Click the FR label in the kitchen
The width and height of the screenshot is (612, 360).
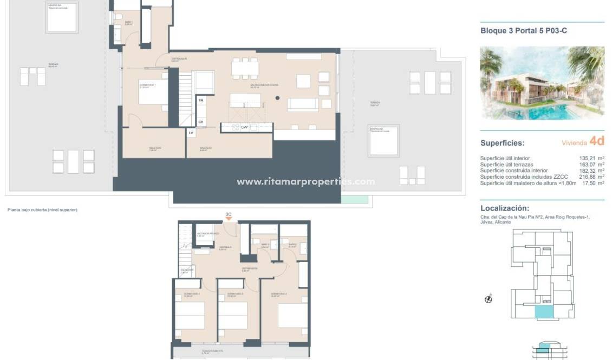(x=200, y=100)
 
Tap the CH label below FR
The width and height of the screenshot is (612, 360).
(x=200, y=122)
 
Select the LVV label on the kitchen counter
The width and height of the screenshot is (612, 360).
(x=244, y=127)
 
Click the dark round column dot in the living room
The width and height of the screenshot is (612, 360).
(x=277, y=98)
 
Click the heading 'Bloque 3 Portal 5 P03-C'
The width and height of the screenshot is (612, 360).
(x=524, y=31)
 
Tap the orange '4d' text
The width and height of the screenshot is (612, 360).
(x=597, y=141)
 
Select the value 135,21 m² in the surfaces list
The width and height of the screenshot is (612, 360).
(x=591, y=158)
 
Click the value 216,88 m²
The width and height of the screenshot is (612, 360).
(x=591, y=176)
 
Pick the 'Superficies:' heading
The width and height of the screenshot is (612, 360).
(x=502, y=143)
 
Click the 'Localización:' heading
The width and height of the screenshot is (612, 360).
(x=505, y=208)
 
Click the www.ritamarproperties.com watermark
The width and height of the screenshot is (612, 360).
(x=305, y=181)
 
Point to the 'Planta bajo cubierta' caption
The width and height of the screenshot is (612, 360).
(x=42, y=210)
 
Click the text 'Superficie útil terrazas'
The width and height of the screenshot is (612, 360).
(x=506, y=164)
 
